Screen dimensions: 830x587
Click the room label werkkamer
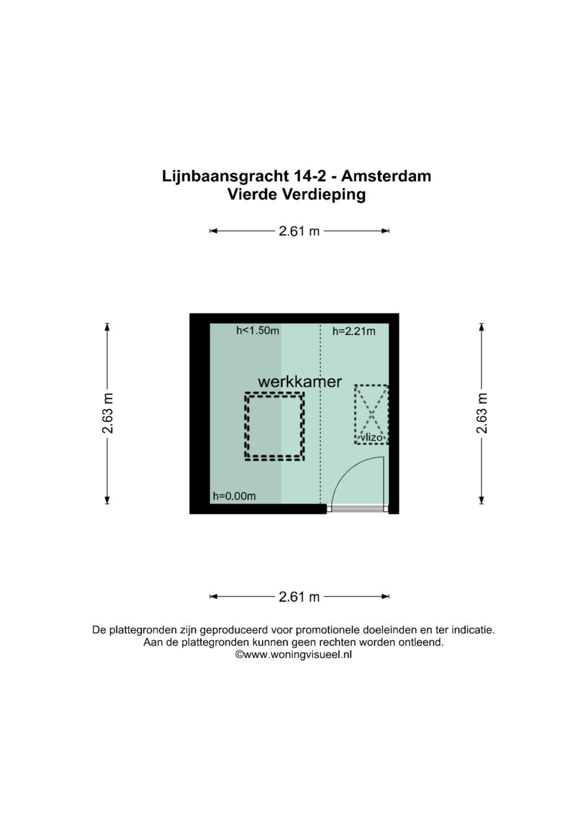[299, 382]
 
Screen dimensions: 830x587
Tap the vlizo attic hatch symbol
[371, 415]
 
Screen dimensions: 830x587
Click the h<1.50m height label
[258, 330]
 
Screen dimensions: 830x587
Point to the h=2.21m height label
[354, 331]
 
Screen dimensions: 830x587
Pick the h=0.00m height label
[234, 496]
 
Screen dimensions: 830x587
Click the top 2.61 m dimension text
[299, 231]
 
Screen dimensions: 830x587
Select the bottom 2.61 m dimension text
[299, 597]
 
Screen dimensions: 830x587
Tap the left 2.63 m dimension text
[108, 414]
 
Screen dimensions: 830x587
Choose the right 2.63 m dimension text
[482, 414]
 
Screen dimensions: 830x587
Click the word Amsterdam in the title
[386, 176]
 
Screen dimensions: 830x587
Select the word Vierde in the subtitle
[252, 194]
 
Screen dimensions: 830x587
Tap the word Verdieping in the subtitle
[323, 194]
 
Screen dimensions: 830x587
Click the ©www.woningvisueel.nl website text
[293, 654]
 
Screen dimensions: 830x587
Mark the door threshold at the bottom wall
[357, 509]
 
